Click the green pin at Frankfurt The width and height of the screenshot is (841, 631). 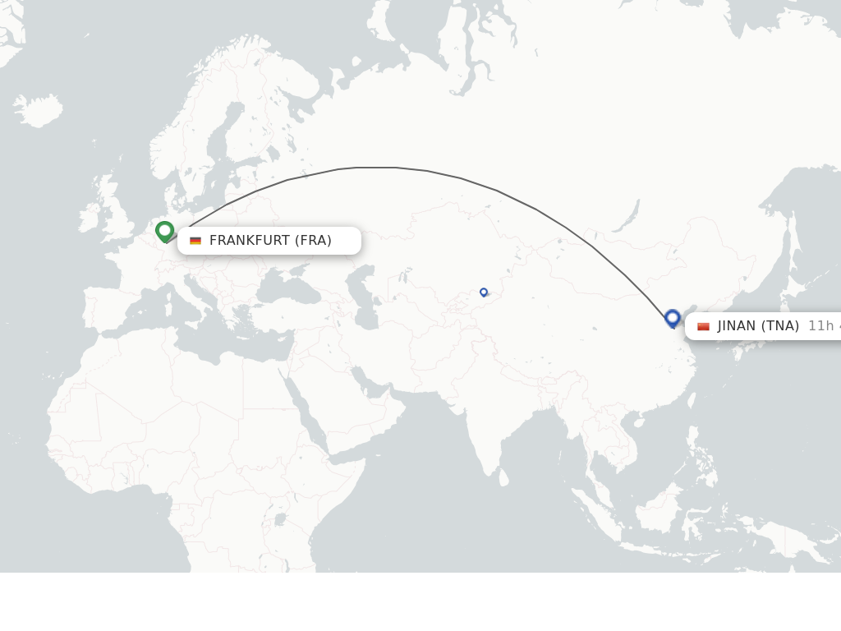[x=164, y=231]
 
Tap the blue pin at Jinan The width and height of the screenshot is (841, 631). [x=673, y=318]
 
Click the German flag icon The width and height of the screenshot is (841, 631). [x=195, y=241]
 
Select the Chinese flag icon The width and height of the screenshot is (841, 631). [x=703, y=326]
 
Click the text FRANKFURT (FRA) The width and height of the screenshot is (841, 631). [x=270, y=241]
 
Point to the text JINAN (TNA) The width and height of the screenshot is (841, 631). [x=758, y=326]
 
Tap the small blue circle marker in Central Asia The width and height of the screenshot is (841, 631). [x=484, y=292]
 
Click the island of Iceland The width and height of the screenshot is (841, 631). [x=38, y=110]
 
